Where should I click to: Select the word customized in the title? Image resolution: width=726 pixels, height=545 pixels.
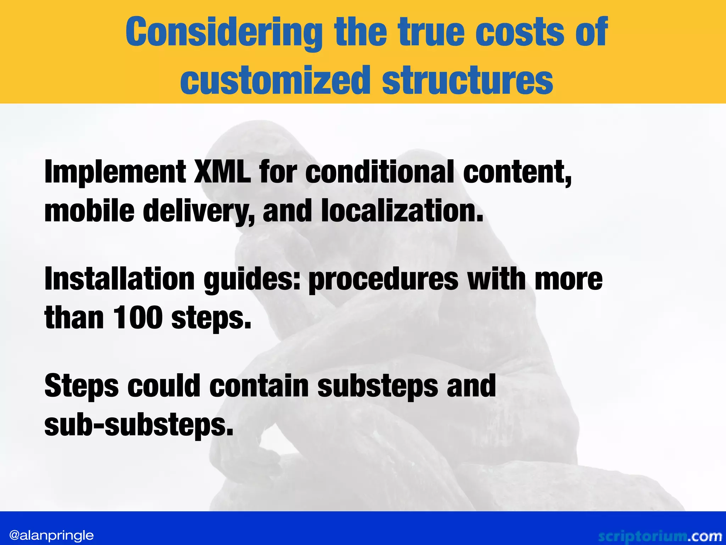pyautogui.click(x=275, y=81)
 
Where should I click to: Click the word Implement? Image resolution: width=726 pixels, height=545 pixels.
pyautogui.click(x=115, y=172)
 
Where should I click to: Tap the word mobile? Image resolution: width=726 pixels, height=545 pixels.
pyautogui.click(x=89, y=211)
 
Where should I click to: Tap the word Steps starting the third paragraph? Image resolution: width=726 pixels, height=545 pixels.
pyautogui.click(x=82, y=386)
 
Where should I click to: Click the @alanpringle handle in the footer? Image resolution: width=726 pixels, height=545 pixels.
pyautogui.click(x=52, y=535)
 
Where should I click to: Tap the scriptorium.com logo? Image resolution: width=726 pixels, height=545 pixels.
pyautogui.click(x=660, y=536)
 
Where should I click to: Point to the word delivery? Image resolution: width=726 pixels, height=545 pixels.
pyautogui.click(x=199, y=211)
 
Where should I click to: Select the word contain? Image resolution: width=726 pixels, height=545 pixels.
pyautogui.click(x=259, y=386)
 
